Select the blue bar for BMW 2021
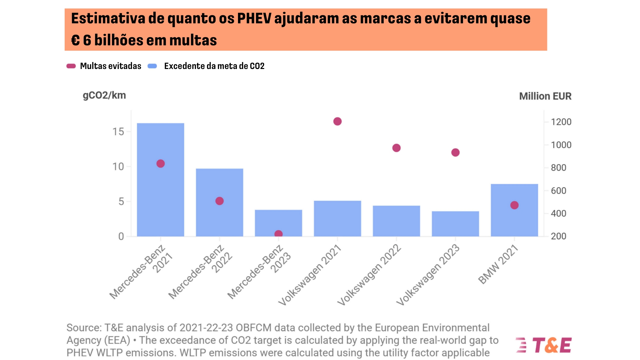[x=514, y=220]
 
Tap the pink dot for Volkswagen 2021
[x=337, y=121]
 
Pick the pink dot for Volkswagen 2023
[x=455, y=152]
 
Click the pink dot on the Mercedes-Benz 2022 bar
[x=219, y=201]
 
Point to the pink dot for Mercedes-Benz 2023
[x=278, y=234]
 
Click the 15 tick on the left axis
[x=118, y=132]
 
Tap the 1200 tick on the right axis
[x=561, y=122]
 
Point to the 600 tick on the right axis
[x=558, y=191]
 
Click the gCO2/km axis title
[x=104, y=95]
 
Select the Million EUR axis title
[x=545, y=96]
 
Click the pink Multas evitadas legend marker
[x=71, y=66]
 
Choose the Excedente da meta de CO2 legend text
[x=214, y=66]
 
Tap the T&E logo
[x=544, y=345]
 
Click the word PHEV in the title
[x=254, y=18]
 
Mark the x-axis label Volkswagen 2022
[x=369, y=275]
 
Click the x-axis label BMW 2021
[x=498, y=264]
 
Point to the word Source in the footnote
[x=83, y=328]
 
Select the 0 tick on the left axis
[x=121, y=236]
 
